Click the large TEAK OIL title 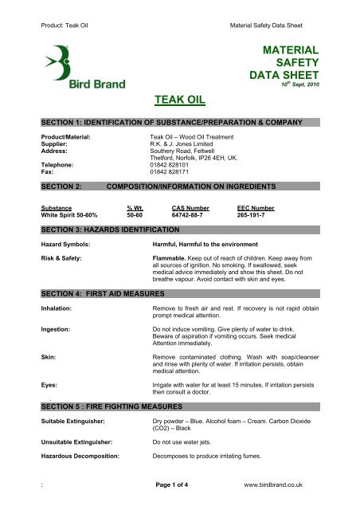(179, 98)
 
